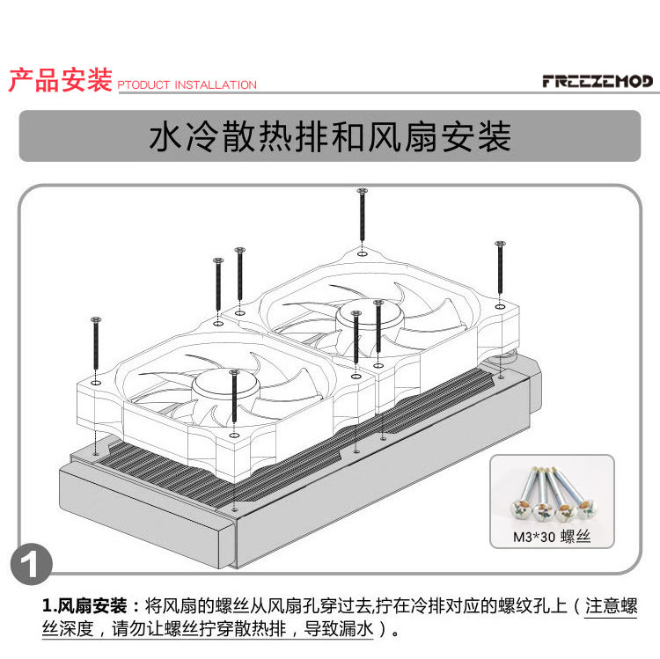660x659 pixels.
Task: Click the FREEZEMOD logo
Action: tap(598, 82)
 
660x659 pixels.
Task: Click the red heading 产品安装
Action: tap(60, 80)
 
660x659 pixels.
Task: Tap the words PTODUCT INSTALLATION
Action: tap(187, 85)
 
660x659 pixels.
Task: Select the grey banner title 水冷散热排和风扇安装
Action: tap(330, 137)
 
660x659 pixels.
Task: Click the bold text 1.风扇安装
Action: tap(91, 606)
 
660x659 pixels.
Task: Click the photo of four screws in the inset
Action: tap(550, 494)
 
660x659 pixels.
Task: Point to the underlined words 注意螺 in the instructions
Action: tap(610, 606)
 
